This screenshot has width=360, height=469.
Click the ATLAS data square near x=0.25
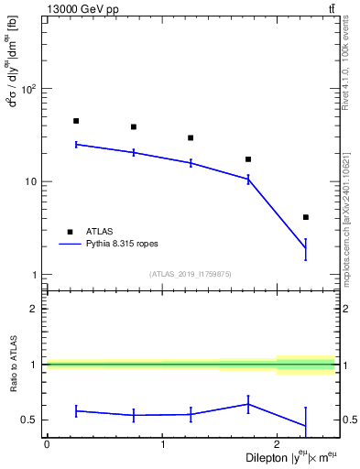coord(76,121)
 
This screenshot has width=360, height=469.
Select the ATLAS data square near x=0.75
coord(134,127)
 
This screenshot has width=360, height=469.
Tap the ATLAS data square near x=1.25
coord(191,138)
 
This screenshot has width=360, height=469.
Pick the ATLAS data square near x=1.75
coord(248,159)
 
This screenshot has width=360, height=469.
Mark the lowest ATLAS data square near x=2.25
coord(306,217)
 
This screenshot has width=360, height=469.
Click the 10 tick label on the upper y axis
coord(30,181)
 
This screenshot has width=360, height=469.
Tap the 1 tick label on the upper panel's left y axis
coord(34,275)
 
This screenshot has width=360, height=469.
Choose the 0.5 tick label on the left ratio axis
coord(28,420)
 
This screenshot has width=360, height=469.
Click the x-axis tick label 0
coord(47,445)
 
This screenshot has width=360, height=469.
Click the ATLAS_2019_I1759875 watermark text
coord(191,274)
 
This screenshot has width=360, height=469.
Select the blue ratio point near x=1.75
coord(248,404)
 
